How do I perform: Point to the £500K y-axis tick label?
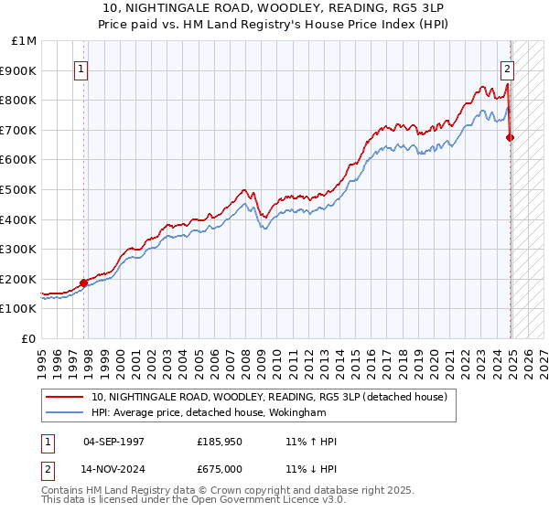pos(20,190)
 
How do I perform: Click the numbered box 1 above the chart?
pos(81,67)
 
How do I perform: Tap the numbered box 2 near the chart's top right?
pos(507,67)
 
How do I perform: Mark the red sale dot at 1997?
pos(83,283)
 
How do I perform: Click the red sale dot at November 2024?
pos(511,138)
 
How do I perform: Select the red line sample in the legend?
pos(66,397)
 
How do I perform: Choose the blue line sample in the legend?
pos(66,413)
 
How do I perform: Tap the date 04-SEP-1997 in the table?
pos(113,441)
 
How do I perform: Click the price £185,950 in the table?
pos(220,441)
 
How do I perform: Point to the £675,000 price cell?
pos(220,468)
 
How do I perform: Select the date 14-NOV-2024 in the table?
pos(113,468)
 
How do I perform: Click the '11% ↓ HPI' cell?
pos(310,468)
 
